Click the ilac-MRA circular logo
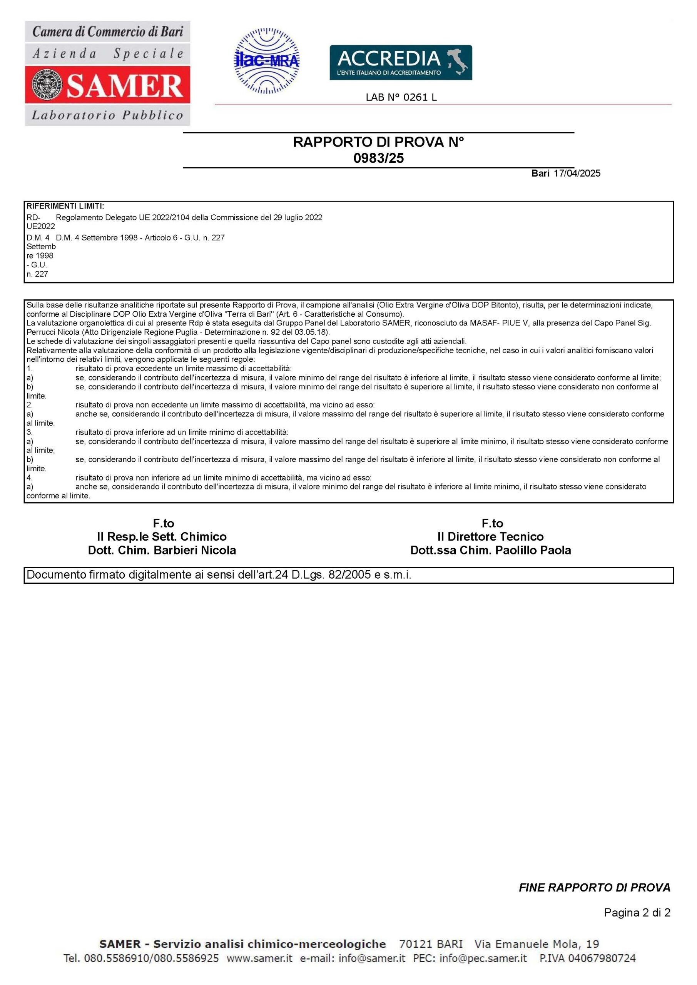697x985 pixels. (267, 61)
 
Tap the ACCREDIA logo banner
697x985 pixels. (400, 63)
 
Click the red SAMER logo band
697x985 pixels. (107, 85)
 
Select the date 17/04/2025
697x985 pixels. (577, 173)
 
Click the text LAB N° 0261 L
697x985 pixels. (401, 97)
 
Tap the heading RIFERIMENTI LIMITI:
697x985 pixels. (65, 206)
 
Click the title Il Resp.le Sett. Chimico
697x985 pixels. (162, 537)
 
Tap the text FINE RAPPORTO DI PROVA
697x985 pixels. (594, 888)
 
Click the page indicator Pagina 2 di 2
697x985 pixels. (637, 913)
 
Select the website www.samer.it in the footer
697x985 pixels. (259, 958)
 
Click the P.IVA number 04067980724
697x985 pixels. (603, 958)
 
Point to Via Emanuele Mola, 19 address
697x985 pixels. (537, 944)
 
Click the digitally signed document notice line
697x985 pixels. (219, 575)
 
